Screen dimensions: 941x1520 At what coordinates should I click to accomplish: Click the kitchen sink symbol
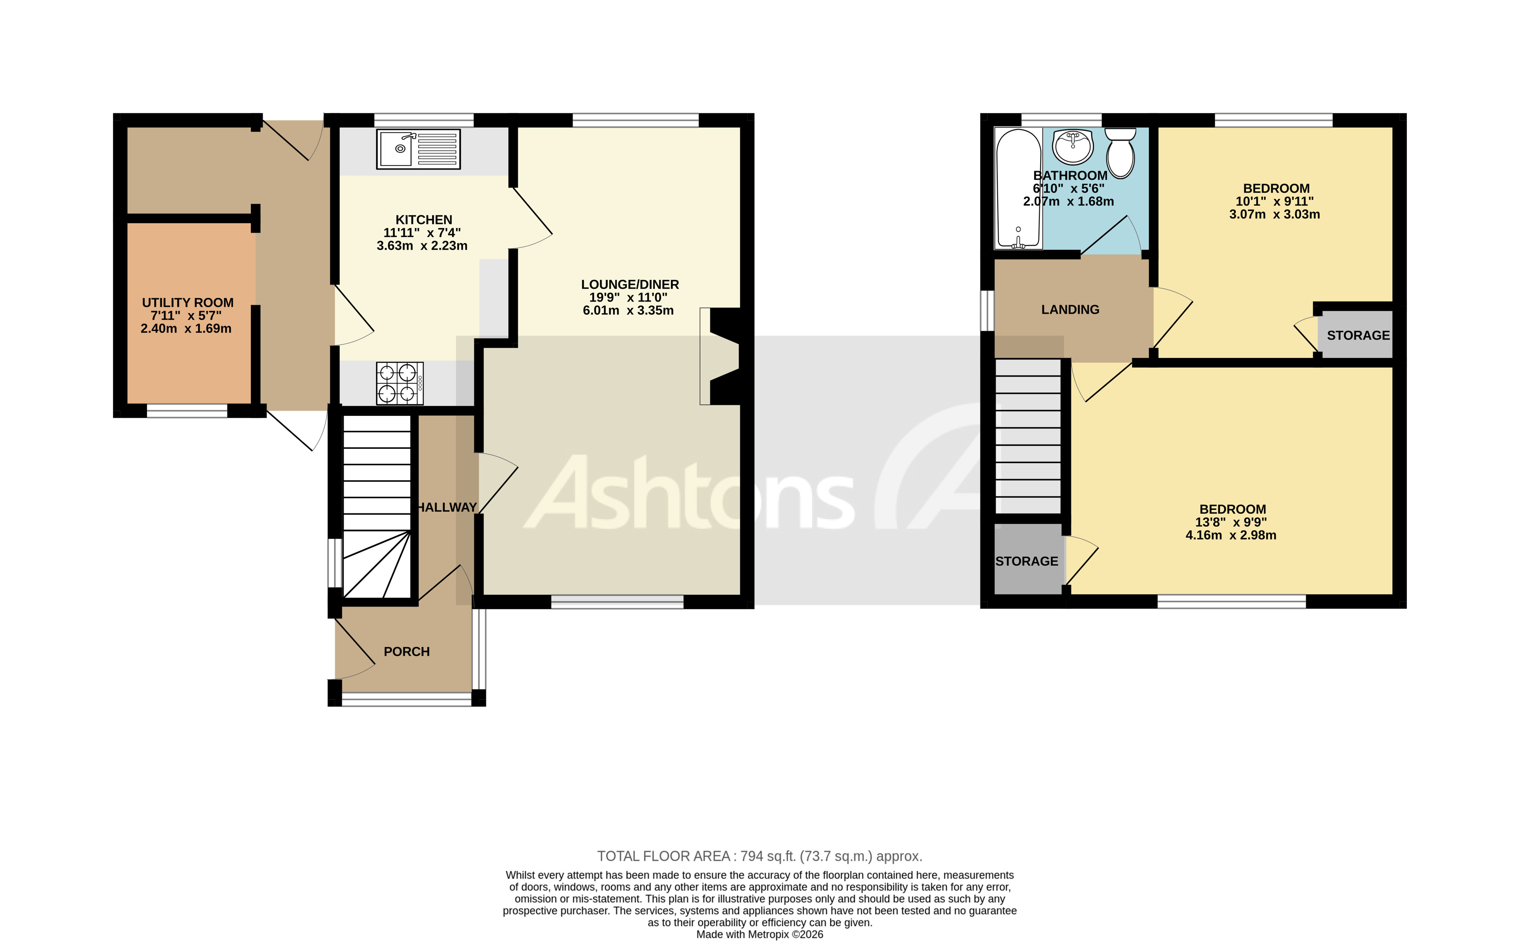[x=418, y=149]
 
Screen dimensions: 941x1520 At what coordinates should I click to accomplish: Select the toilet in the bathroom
[x=1120, y=153]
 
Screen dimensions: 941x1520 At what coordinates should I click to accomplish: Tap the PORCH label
[x=407, y=652]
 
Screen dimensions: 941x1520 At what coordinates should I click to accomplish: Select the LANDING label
[x=1070, y=309]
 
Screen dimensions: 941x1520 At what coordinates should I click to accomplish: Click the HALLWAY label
[x=447, y=507]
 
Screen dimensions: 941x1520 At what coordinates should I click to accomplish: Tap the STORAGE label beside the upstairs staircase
[x=1026, y=561]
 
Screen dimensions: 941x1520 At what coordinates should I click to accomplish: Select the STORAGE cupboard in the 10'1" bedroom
[x=1357, y=335]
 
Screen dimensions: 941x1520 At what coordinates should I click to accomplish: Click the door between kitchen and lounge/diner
[x=531, y=218]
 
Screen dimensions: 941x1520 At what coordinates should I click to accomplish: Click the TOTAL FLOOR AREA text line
[x=759, y=857]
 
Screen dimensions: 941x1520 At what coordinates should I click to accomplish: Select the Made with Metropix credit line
[x=759, y=934]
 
